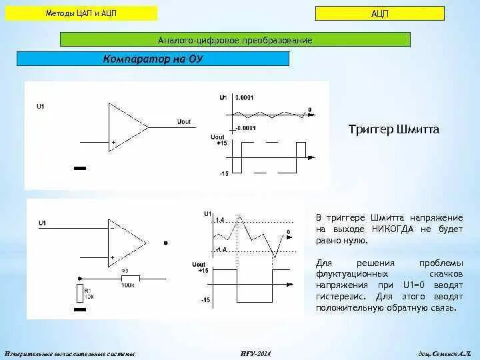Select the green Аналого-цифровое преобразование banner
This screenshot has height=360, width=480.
tap(235, 41)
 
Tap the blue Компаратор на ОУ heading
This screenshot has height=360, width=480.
tap(153, 59)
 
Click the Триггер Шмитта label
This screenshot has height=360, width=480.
tap(394, 129)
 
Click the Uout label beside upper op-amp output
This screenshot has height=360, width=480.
tap(185, 121)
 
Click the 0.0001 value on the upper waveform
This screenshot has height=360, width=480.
tap(245, 97)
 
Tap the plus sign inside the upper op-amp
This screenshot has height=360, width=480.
tap(114, 142)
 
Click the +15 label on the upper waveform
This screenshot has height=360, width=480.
tap(223, 143)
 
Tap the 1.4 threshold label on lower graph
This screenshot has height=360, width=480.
tap(221, 219)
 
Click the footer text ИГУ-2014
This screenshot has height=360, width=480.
tap(255, 353)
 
